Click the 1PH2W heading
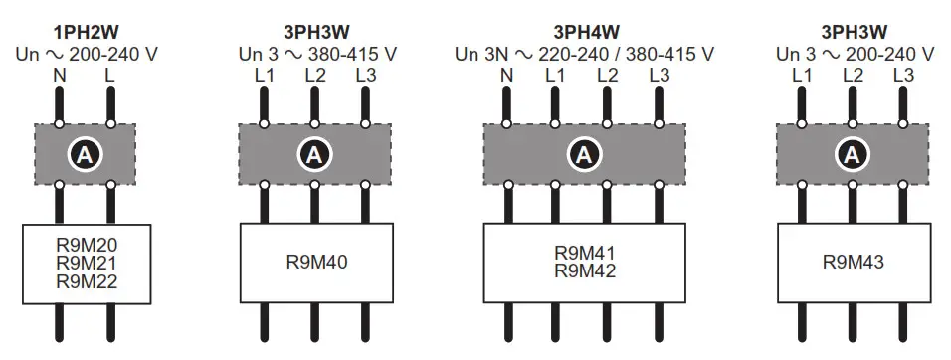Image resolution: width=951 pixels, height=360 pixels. click(x=86, y=33)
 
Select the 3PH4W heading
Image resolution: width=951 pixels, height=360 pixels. click(x=584, y=33)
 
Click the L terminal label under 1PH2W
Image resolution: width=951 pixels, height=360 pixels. click(x=109, y=75)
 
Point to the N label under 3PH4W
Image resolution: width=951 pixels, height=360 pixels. click(x=507, y=75)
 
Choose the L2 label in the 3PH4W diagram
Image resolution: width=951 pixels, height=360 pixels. click(x=609, y=75)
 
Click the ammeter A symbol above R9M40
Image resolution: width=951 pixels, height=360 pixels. click(x=313, y=154)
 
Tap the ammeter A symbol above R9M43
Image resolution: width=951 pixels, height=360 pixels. click(x=852, y=154)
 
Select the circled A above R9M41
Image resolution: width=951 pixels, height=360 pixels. click(x=584, y=154)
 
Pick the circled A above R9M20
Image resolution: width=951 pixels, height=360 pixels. click(x=86, y=154)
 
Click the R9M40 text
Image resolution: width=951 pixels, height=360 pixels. click(x=313, y=263)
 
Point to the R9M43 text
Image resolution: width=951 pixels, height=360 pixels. click(x=853, y=263)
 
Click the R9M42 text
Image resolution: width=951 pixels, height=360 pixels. click(x=584, y=271)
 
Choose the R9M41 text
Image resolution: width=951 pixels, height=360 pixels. click(x=584, y=253)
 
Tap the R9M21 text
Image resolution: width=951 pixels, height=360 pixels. click(x=86, y=264)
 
